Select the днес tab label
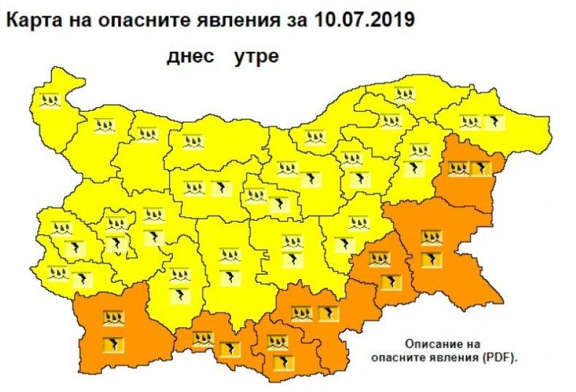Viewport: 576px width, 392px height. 191,56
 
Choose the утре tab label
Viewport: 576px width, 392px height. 256,56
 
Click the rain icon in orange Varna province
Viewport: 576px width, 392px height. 459,170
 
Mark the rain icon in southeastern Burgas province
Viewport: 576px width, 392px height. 431,236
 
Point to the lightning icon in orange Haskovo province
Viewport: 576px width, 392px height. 324,315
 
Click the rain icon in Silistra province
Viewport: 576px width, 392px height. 403,93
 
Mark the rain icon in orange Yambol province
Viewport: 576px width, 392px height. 378,259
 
